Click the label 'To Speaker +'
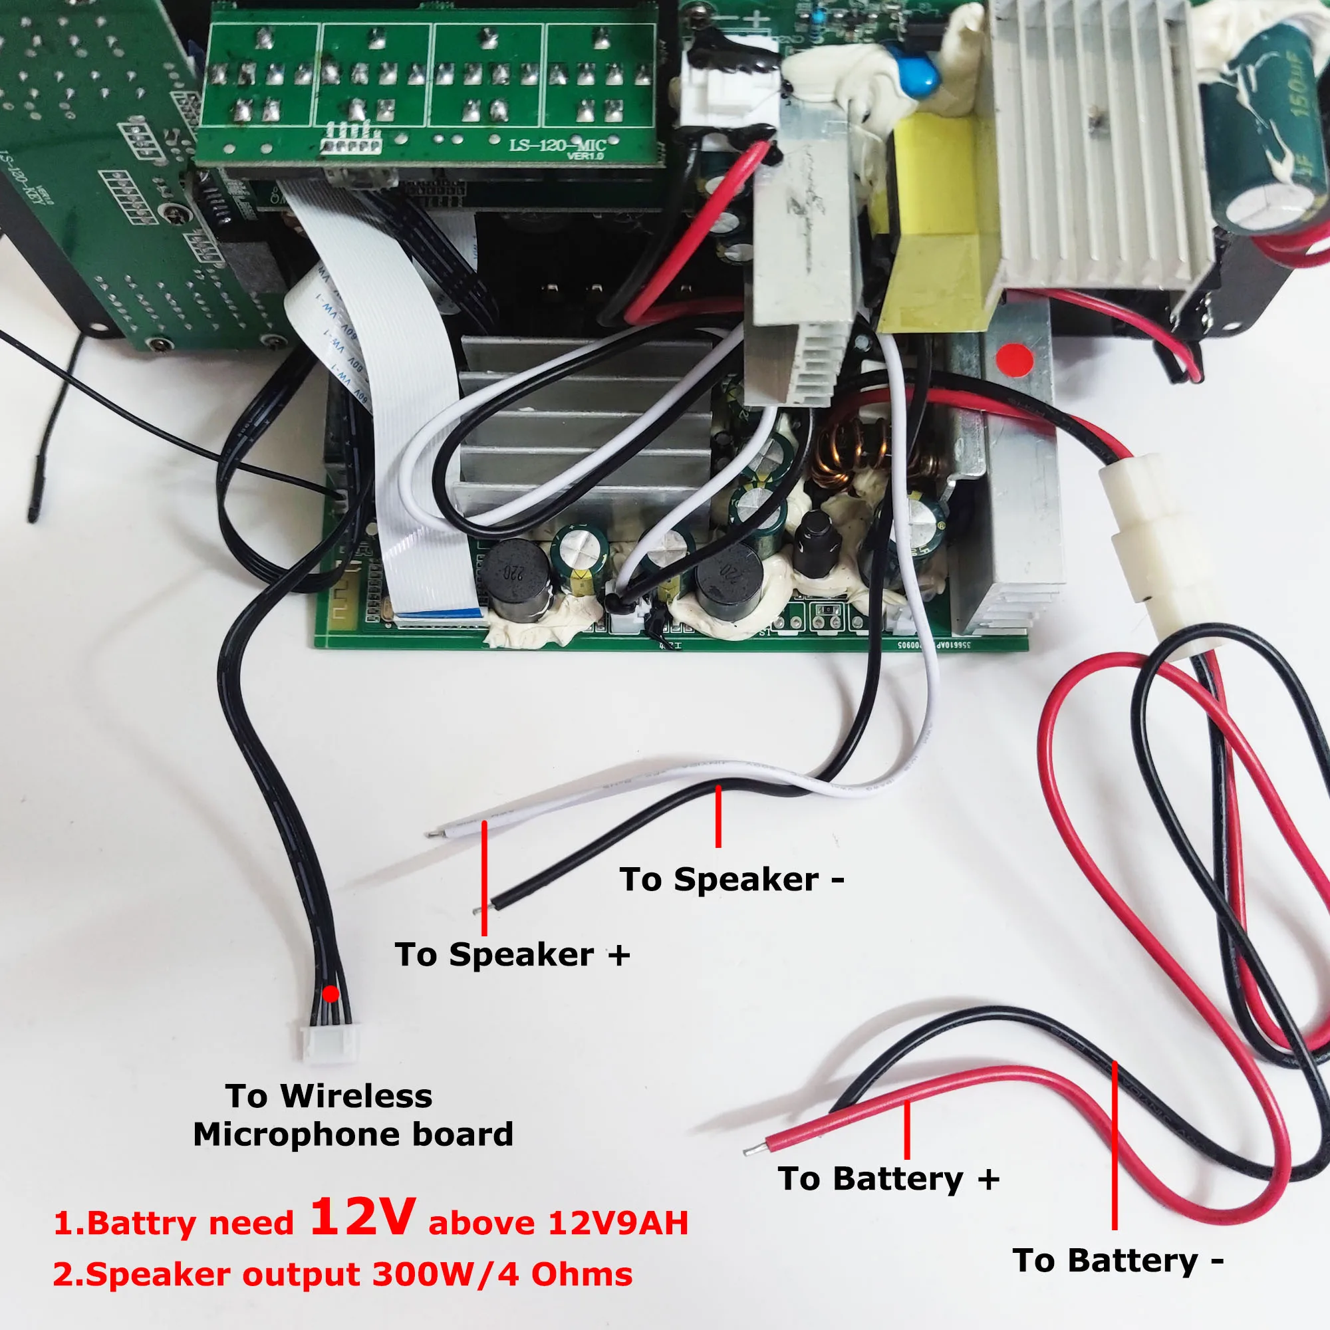[511, 955]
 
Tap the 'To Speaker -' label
[731, 880]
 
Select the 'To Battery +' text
[888, 1179]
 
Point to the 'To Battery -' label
[1118, 1261]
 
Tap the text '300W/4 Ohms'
[502, 1274]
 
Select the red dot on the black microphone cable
[331, 994]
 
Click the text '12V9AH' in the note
[618, 1224]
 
